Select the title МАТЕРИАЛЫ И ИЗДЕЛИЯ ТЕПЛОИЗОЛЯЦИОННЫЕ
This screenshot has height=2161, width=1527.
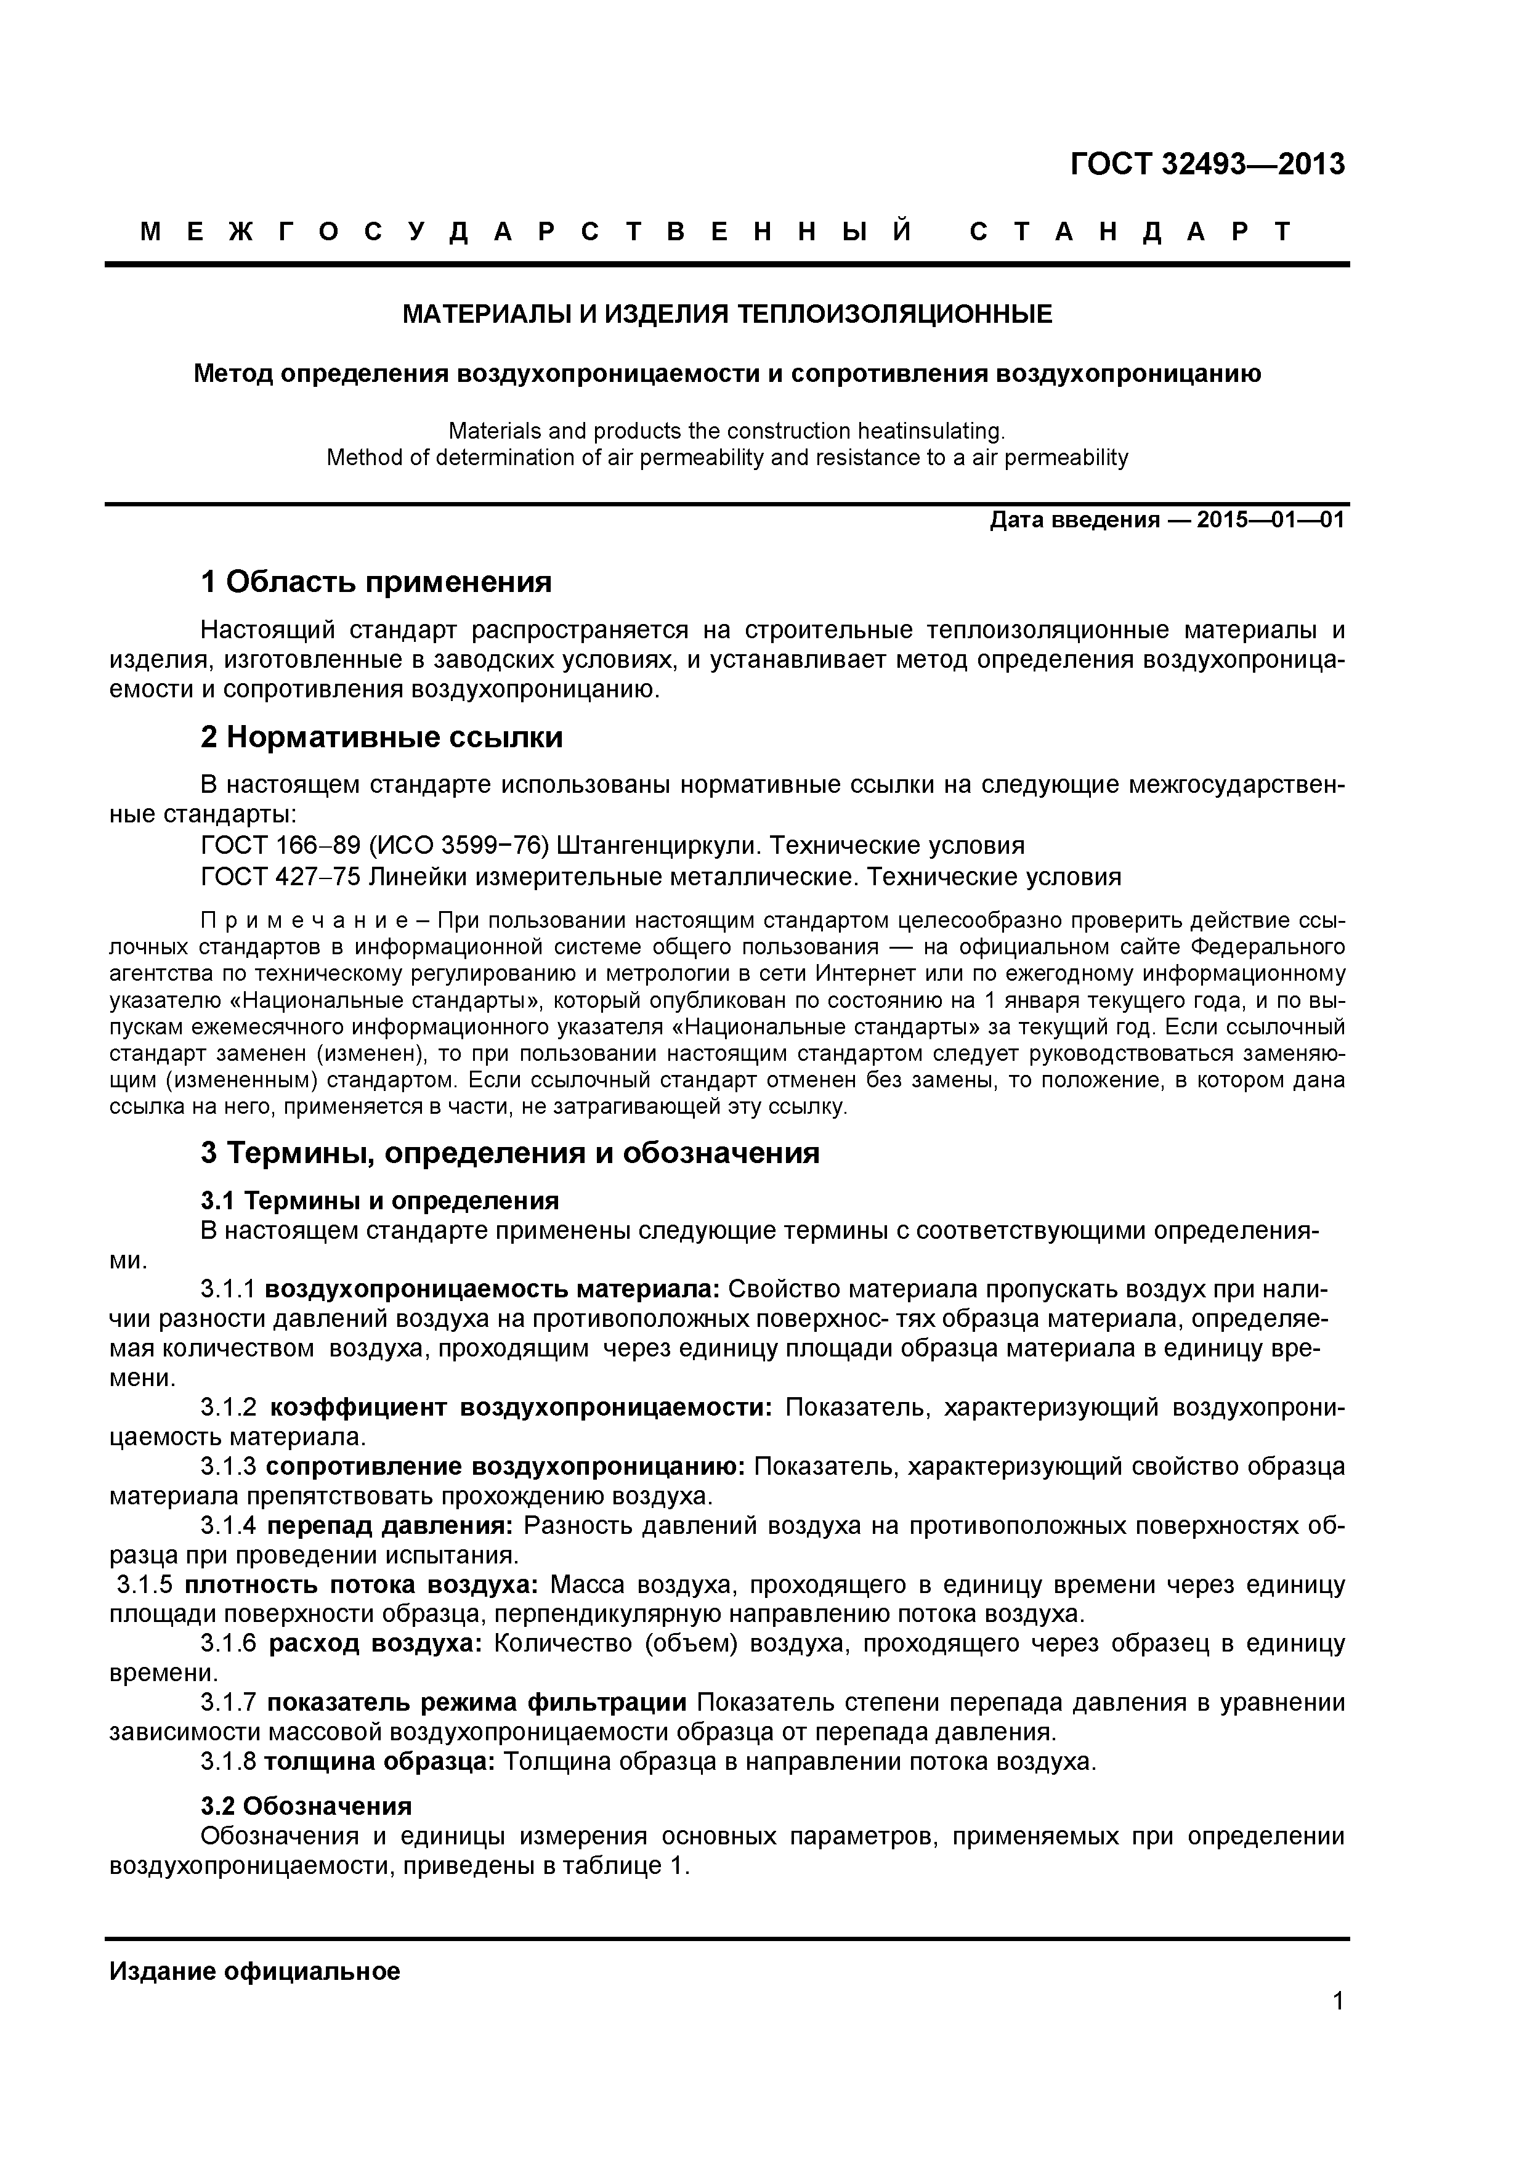727,314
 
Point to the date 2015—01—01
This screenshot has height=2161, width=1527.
1270,519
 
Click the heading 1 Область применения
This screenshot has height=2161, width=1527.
376,583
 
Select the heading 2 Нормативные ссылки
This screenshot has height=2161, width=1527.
382,737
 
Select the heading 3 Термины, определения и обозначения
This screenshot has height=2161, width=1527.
510,1153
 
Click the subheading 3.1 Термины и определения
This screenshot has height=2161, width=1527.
380,1201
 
